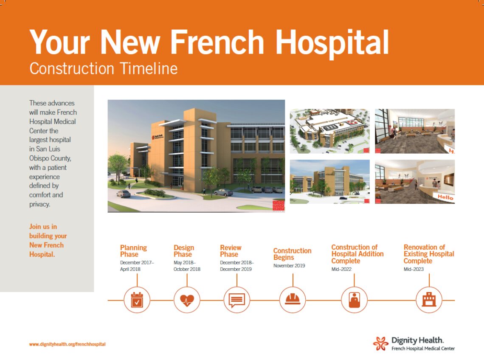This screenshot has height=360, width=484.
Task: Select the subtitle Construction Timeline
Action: [103, 69]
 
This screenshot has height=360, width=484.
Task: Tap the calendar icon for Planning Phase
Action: [137, 300]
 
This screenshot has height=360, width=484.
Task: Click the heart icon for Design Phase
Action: [187, 300]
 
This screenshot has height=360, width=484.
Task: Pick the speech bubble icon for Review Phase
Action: [237, 300]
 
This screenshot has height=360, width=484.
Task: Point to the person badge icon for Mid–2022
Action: [354, 300]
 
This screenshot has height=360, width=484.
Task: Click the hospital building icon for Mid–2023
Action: [429, 300]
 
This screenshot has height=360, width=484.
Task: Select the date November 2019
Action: [289, 266]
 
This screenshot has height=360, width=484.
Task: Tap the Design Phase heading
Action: [184, 251]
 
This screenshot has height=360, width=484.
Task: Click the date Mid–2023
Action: [414, 269]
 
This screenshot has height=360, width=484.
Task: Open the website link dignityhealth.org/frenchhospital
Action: [67, 344]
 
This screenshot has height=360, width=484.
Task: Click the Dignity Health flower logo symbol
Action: [380, 343]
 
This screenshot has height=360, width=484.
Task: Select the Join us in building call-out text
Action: [48, 240]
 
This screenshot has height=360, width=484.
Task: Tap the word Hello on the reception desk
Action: [445, 197]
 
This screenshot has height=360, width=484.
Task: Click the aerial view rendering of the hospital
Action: [329, 131]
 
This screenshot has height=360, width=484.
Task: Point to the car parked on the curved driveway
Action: [124, 194]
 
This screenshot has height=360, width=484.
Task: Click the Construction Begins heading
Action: [292, 254]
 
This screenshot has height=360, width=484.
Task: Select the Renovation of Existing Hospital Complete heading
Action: [428, 254]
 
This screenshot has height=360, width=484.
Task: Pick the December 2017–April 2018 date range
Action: [137, 266]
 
